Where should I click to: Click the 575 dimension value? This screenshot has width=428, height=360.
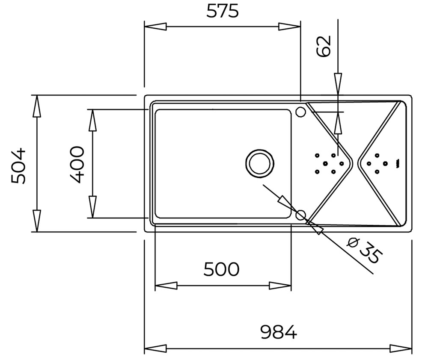[223, 11]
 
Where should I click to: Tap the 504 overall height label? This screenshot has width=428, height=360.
[18, 165]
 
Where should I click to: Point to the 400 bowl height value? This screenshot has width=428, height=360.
[76, 165]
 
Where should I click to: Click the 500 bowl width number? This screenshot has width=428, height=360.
[221, 269]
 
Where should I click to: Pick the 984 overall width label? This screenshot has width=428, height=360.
[278, 332]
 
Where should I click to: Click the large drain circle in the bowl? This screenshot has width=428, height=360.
[260, 164]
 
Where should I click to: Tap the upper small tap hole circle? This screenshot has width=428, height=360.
[300, 111]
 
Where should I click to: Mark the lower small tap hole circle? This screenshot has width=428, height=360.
[301, 215]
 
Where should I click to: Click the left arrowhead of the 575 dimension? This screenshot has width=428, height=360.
[155, 27]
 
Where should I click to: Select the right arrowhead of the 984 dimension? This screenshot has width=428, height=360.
[401, 348]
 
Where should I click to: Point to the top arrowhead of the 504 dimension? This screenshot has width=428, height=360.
[37, 106]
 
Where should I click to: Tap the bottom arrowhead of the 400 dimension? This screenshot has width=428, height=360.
[93, 207]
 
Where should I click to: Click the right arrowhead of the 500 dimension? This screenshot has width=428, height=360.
[280, 286]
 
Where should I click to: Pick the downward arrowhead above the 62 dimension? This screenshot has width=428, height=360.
[338, 84]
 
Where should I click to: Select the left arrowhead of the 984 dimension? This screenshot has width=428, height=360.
[155, 348]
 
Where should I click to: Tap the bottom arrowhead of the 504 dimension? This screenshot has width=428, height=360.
[37, 221]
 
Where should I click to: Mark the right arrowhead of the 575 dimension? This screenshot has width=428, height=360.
[289, 27]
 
